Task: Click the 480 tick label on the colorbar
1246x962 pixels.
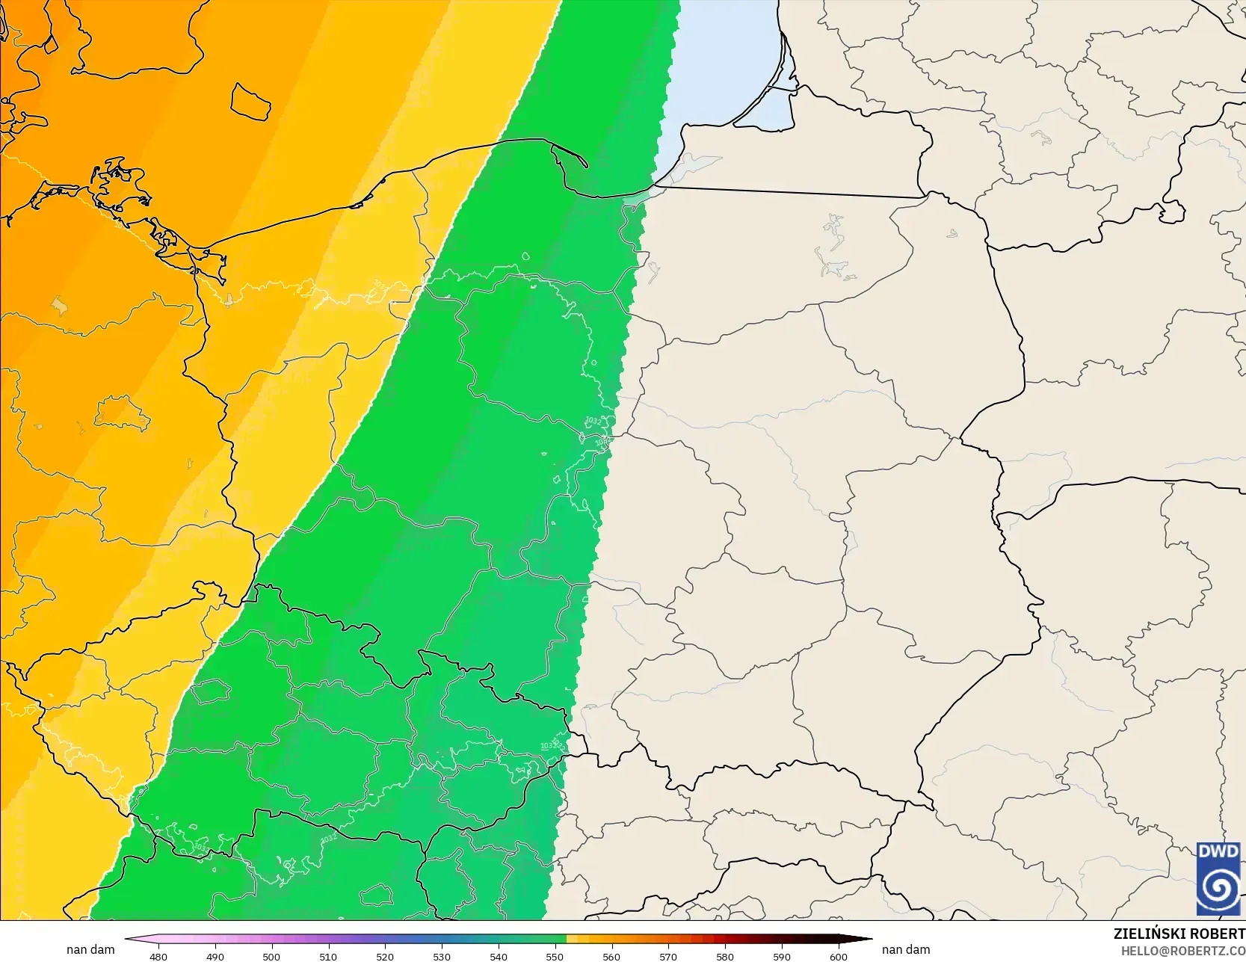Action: pyautogui.click(x=158, y=956)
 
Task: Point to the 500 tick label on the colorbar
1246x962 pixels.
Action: pyautogui.click(x=271, y=956)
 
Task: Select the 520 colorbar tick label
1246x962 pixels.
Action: pyautogui.click(x=385, y=956)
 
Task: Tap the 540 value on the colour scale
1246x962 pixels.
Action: pyautogui.click(x=499, y=956)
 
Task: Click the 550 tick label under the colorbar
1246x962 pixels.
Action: pyautogui.click(x=555, y=956)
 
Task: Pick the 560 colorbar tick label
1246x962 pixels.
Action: pyautogui.click(x=611, y=956)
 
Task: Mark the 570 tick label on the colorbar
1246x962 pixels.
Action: pyautogui.click(x=668, y=956)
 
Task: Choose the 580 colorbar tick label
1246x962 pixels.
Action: pyautogui.click(x=725, y=956)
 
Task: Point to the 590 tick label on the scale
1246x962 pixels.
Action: pyautogui.click(x=782, y=956)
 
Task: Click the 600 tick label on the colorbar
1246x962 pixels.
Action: pyautogui.click(x=839, y=956)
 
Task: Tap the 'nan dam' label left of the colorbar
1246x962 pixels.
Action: pyautogui.click(x=90, y=949)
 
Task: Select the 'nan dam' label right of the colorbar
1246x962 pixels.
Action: pyautogui.click(x=906, y=949)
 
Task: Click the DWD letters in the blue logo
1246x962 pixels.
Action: pyautogui.click(x=1218, y=851)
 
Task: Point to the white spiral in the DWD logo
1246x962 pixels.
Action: pyautogui.click(x=1218, y=889)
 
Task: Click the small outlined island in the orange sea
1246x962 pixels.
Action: pyautogui.click(x=250, y=102)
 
